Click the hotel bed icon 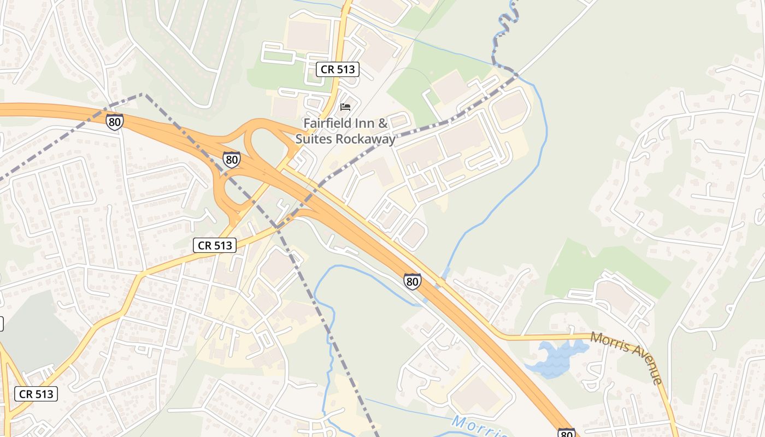click(345, 107)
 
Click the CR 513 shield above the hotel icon click(337, 69)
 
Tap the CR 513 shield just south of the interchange click(215, 245)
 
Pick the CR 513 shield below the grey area click(38, 393)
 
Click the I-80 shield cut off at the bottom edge click(567, 433)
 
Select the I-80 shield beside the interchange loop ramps click(232, 159)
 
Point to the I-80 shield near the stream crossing click(413, 281)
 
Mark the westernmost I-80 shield click(115, 121)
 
